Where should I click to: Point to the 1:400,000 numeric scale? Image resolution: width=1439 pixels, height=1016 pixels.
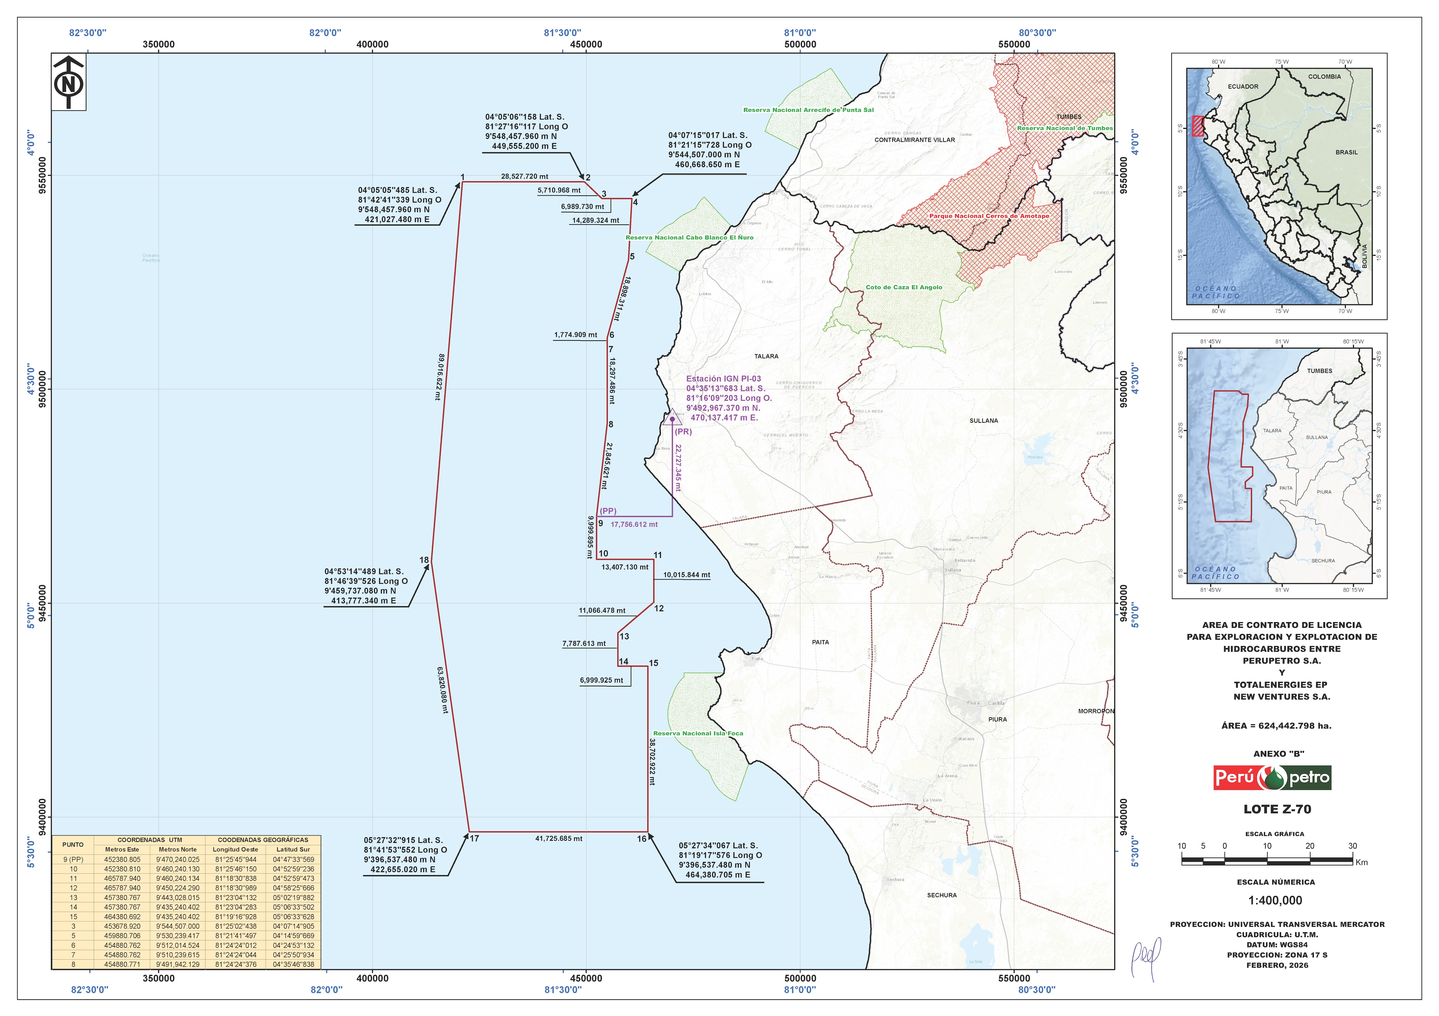pos(1275,901)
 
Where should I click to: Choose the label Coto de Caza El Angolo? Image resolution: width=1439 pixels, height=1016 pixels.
pos(904,288)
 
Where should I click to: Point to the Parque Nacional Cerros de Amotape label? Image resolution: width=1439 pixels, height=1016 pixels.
pos(989,216)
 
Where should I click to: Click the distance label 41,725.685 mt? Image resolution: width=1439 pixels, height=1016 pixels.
pos(558,839)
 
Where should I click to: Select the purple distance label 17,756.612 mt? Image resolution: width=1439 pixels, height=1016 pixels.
pos(634,525)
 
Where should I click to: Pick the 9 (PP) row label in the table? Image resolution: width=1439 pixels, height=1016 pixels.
pos(73,859)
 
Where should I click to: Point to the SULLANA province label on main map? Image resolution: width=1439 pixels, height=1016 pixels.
pos(983,421)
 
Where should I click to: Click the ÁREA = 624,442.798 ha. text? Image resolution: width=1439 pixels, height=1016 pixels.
pos(1276,726)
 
